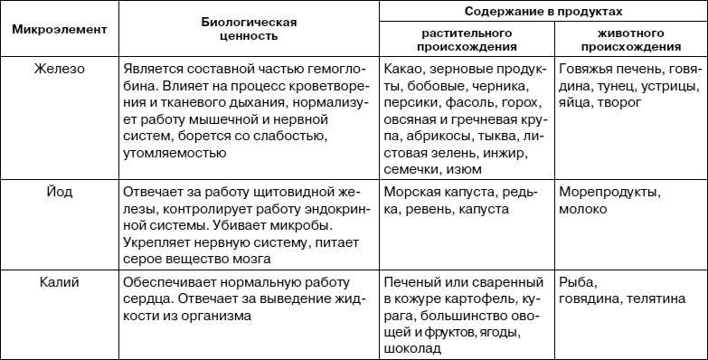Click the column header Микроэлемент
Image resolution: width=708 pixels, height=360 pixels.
[x=59, y=29]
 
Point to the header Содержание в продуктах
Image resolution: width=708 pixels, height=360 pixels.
[x=542, y=11]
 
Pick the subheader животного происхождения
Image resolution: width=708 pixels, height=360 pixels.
[x=630, y=39]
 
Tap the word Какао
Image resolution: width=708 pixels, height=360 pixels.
[x=405, y=69]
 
